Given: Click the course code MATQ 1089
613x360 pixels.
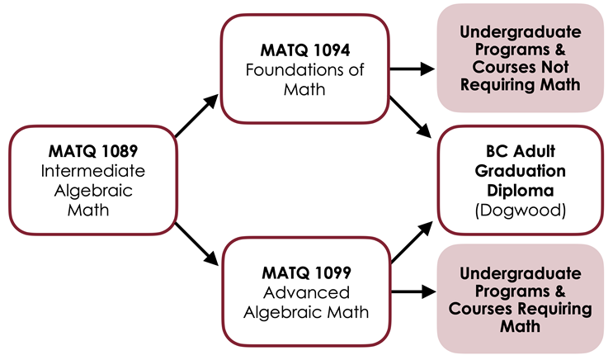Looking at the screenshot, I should (93, 152).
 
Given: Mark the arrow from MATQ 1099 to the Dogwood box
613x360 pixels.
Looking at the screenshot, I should (410, 243).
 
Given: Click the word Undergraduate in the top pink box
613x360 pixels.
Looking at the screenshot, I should (520, 33).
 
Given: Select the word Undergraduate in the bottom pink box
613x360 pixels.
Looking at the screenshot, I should (520, 273).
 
